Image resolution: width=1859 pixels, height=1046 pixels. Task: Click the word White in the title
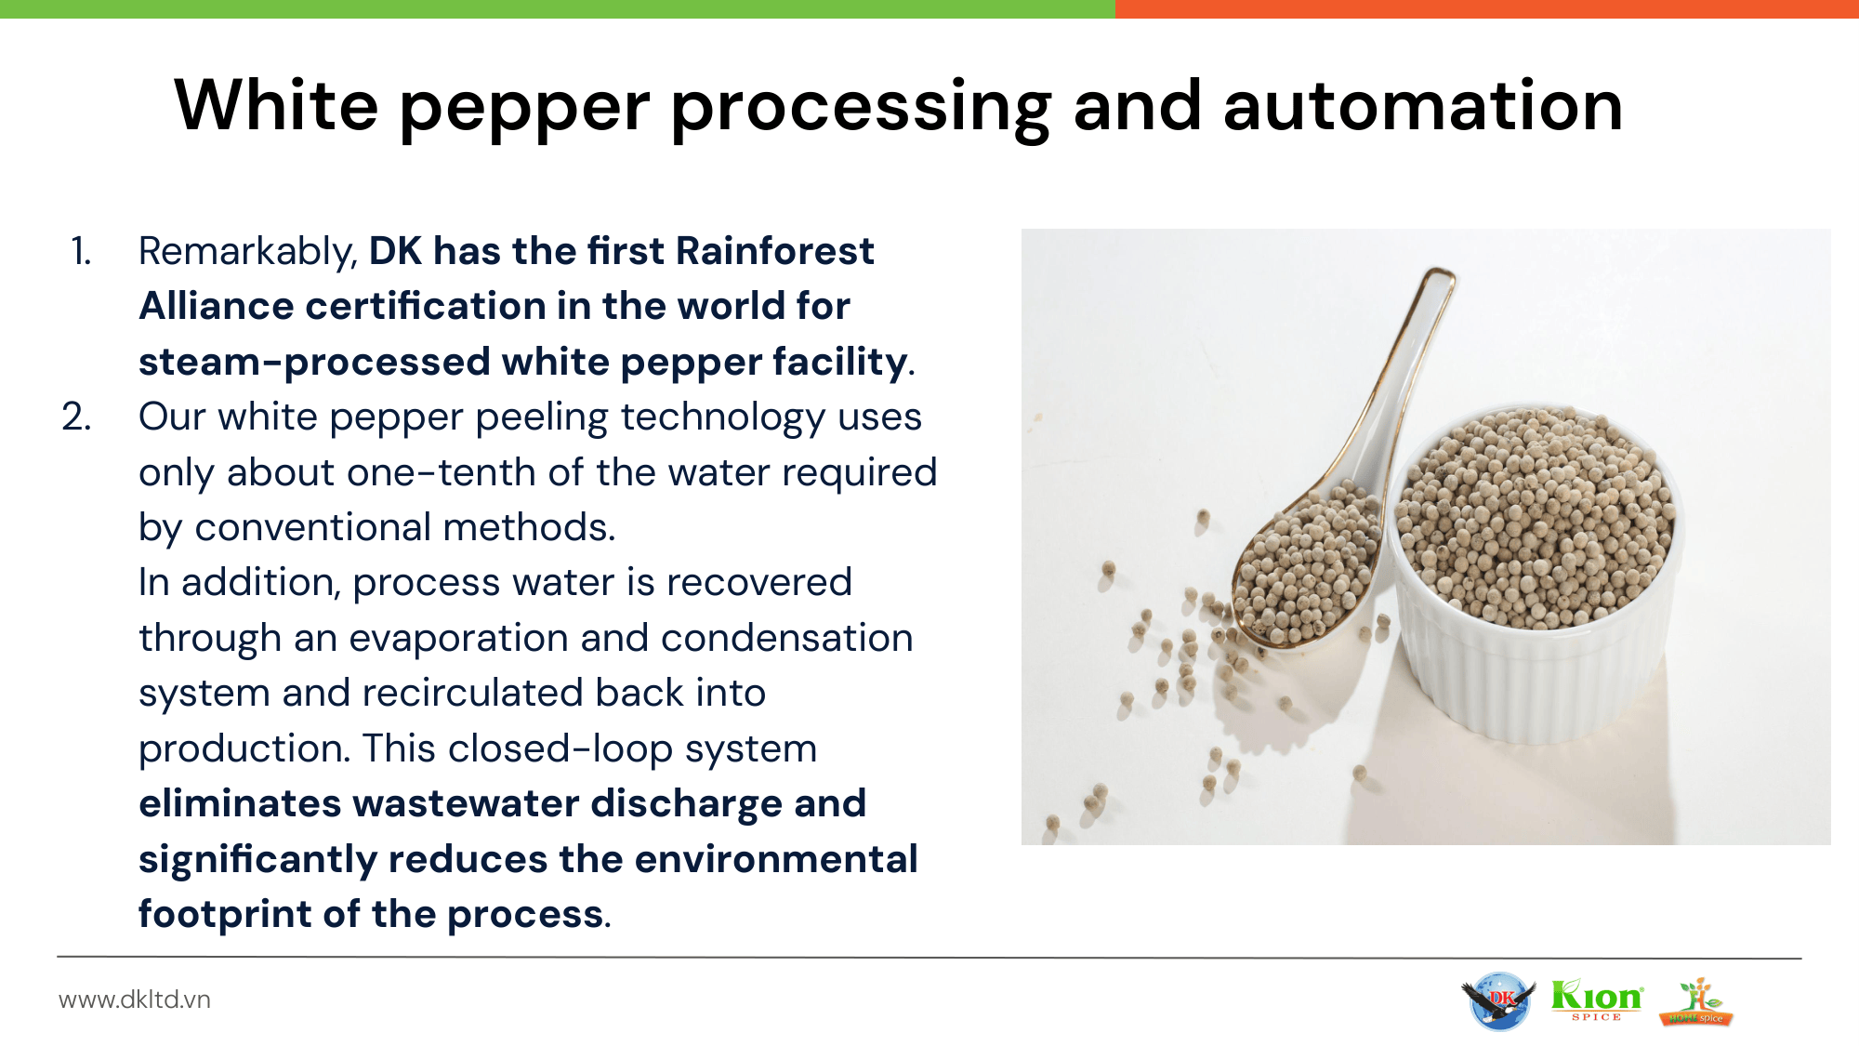[x=276, y=104]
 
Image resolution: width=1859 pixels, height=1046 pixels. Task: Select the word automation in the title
[x=1422, y=106]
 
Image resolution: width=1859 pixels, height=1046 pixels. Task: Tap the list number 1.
[x=82, y=251]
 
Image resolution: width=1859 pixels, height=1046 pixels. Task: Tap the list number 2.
[x=77, y=417]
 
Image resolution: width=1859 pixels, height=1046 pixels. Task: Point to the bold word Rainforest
[x=774, y=251]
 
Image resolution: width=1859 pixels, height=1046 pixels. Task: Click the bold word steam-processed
[x=314, y=363]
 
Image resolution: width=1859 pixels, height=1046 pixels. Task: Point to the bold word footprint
[x=225, y=915]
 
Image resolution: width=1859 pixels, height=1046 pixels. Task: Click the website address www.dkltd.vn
[x=135, y=1000]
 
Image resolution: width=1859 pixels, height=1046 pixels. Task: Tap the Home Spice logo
[x=1696, y=1002]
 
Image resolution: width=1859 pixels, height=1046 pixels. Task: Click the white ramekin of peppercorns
[x=1536, y=576]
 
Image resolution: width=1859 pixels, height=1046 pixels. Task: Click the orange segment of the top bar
[x=1487, y=9]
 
